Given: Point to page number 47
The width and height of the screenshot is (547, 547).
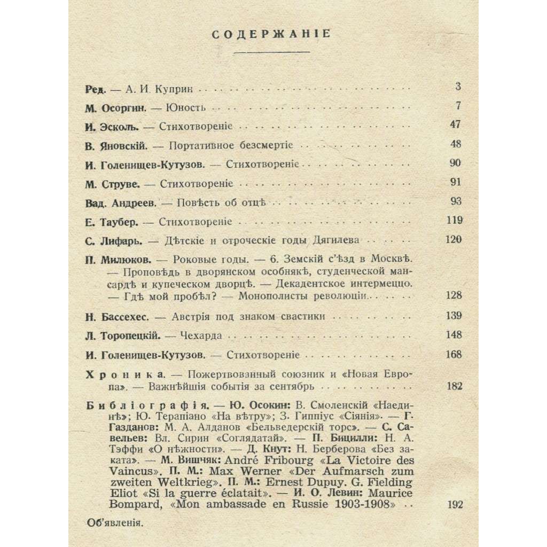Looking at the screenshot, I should (453, 126).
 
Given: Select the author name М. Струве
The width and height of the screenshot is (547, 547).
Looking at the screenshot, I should (112, 184).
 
